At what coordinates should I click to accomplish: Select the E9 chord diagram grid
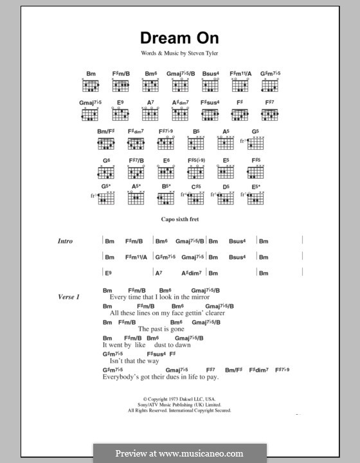click(x=120, y=114)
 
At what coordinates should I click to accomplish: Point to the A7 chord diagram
click(x=150, y=114)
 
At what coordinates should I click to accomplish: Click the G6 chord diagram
click(x=106, y=172)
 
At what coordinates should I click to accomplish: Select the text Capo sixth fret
click(x=180, y=219)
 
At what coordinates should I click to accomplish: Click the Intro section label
click(x=66, y=242)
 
